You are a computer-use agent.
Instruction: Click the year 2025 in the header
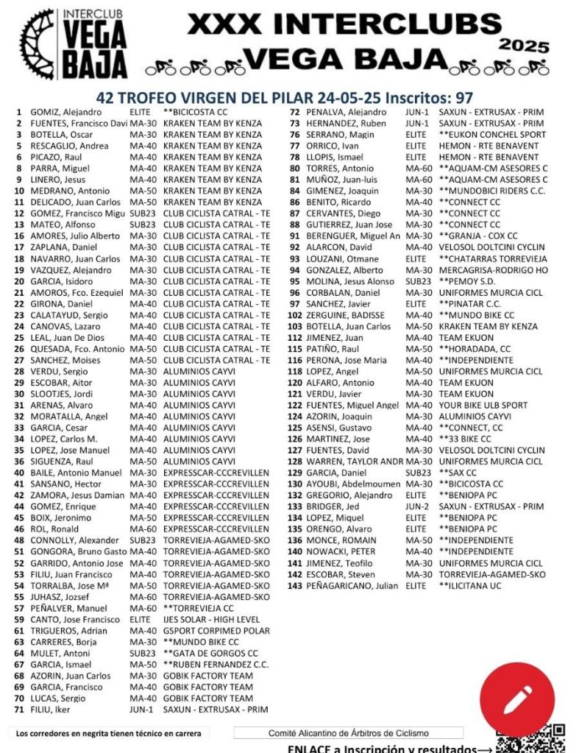click(x=524, y=46)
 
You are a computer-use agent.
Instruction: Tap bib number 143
click(x=295, y=586)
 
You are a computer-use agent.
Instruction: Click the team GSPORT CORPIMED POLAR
click(x=216, y=631)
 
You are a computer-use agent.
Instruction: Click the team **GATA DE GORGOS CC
click(x=210, y=654)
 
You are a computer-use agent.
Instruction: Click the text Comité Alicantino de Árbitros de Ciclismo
click(x=348, y=733)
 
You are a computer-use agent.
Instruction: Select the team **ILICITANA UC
click(x=470, y=586)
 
